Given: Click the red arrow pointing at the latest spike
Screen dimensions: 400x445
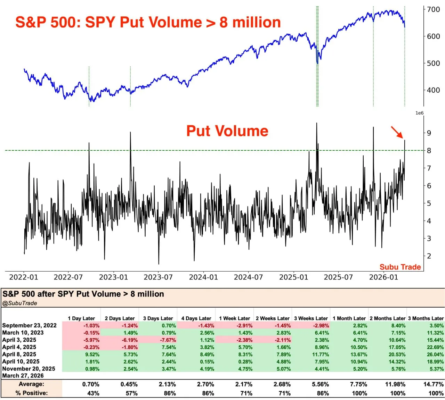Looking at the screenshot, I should [x=397, y=132].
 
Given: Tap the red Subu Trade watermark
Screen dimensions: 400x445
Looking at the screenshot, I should [x=400, y=267].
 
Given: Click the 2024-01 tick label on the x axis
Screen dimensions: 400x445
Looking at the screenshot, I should [x=203, y=277].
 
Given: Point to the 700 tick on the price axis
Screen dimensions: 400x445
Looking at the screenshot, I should [x=434, y=10].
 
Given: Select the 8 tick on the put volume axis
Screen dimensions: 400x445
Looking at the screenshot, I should [x=429, y=151].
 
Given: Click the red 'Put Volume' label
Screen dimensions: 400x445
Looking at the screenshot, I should [x=227, y=131].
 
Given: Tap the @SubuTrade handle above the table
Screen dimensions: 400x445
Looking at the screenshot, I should [x=20, y=303].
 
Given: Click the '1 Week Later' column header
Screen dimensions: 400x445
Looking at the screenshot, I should [x=234, y=318].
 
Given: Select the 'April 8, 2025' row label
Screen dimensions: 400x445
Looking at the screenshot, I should [x=19, y=355].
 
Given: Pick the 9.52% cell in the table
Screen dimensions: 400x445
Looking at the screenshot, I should [x=92, y=355].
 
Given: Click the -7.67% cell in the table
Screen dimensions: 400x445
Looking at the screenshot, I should [x=168, y=340].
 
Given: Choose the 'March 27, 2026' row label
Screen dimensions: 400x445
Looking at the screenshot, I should [x=23, y=376].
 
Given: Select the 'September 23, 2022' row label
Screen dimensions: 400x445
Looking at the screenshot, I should [x=29, y=326].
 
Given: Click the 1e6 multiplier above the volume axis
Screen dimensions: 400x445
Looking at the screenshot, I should [x=420, y=113].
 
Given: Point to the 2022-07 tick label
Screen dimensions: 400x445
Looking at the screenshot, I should [x=68, y=277].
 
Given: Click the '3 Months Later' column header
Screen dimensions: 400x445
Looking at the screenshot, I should [x=426, y=318].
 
